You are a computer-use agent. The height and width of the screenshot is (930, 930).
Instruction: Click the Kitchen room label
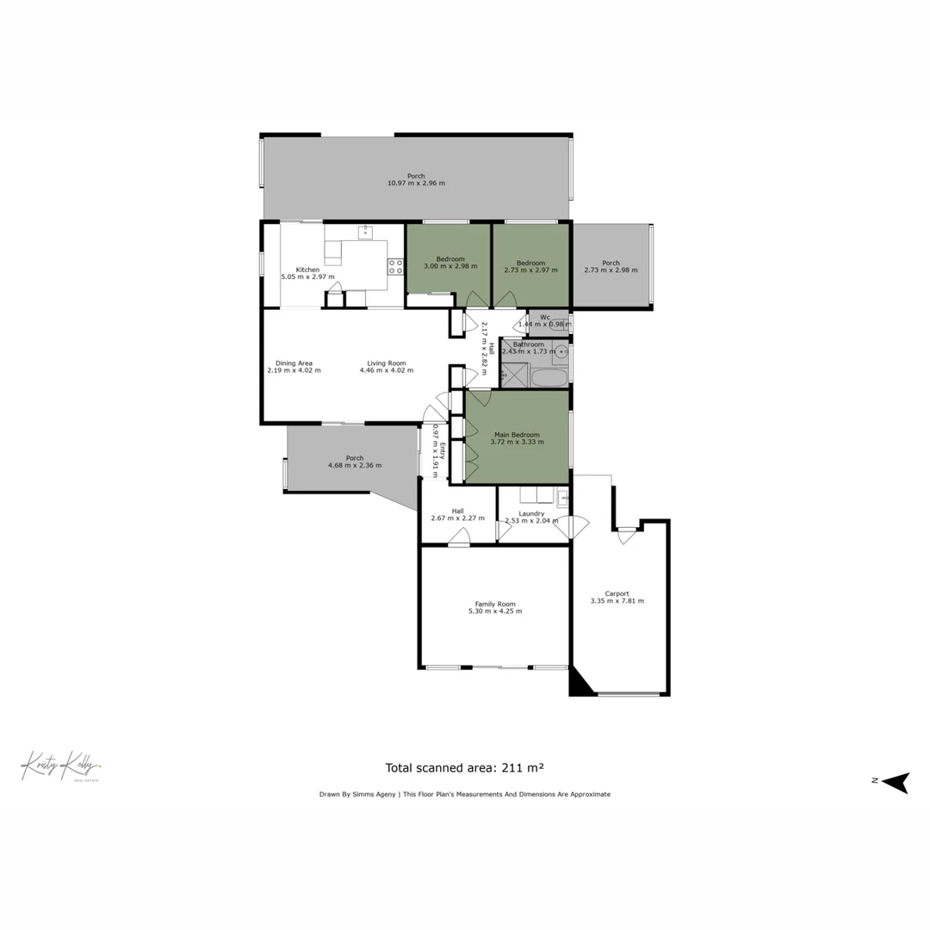307,270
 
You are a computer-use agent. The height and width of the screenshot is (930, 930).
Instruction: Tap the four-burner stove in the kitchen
395,267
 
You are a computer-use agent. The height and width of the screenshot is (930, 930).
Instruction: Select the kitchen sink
365,231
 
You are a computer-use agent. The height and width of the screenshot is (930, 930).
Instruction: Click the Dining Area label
294,363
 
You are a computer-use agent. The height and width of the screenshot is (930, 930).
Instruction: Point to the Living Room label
386,363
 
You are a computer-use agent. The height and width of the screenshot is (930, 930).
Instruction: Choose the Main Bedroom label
517,435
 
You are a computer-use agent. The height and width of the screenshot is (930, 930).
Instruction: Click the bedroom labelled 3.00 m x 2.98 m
449,263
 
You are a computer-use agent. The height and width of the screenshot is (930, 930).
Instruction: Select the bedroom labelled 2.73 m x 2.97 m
530,263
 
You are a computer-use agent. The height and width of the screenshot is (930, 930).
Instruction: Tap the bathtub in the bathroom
549,377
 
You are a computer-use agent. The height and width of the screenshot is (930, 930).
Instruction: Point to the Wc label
545,317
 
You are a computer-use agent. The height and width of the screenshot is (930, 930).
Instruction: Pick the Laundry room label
530,514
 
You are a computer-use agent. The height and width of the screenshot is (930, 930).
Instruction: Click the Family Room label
495,604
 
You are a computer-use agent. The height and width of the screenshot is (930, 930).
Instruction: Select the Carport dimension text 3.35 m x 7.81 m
617,601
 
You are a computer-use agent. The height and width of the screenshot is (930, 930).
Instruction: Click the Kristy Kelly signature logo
60,765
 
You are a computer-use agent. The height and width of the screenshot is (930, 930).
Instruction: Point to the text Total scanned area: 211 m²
464,767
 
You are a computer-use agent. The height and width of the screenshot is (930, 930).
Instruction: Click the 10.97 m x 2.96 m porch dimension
416,183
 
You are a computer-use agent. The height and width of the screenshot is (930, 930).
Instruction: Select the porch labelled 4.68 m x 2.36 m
354,462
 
